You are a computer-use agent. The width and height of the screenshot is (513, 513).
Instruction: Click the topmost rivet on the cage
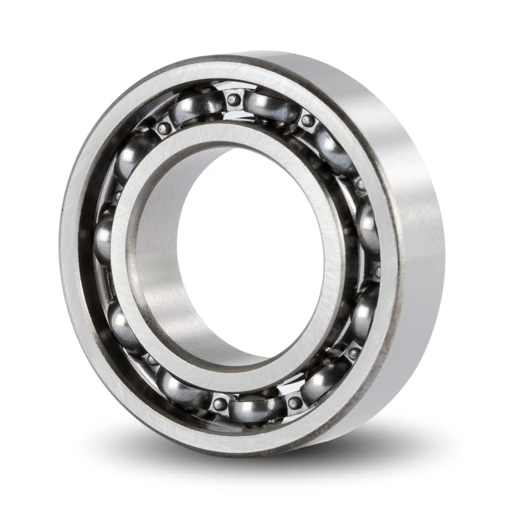[233, 100]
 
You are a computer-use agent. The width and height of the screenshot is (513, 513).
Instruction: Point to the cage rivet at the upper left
[164, 127]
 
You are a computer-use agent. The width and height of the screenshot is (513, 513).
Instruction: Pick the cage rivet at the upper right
[308, 120]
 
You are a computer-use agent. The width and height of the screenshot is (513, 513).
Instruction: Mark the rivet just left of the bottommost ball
[219, 405]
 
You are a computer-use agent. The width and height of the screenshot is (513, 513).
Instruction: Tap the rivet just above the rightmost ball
[360, 186]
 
